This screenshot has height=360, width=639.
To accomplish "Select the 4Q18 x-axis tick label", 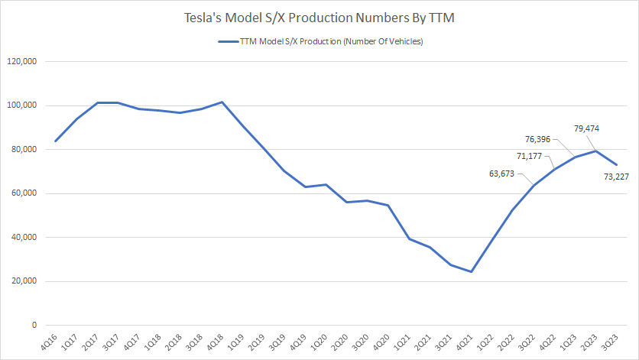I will point(221,342).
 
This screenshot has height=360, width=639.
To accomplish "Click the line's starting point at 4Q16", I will point(56,141).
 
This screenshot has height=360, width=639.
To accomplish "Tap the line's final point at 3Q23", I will point(617,164).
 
